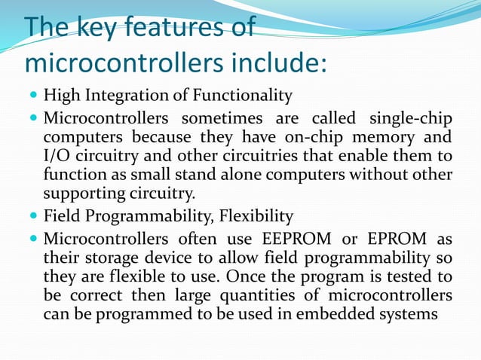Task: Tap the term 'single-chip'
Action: (x=410, y=120)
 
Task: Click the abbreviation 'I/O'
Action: (x=56, y=157)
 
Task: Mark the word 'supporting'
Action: (x=81, y=194)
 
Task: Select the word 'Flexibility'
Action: (x=256, y=217)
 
